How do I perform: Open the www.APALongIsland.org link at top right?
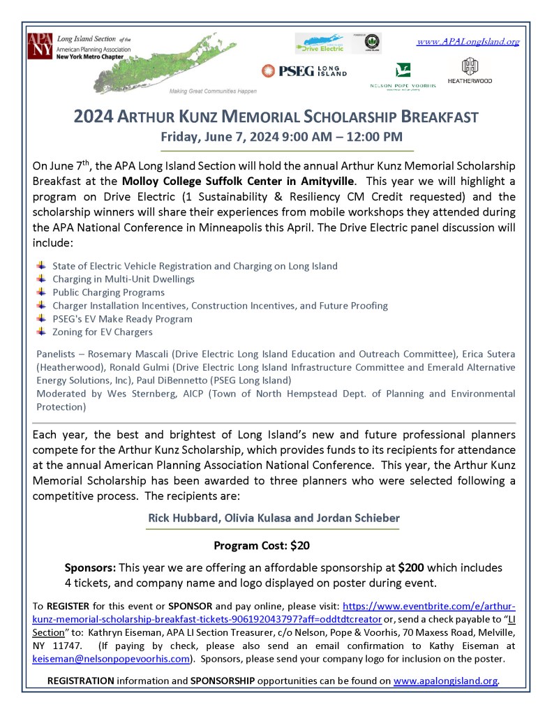pyautogui.click(x=468, y=42)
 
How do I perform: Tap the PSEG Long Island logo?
pyautogui.click(x=304, y=70)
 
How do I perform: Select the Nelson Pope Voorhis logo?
pyautogui.click(x=403, y=75)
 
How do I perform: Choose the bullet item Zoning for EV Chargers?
pyautogui.click(x=102, y=332)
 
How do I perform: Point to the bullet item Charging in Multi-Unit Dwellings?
pyautogui.click(x=123, y=279)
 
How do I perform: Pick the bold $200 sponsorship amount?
pyautogui.click(x=411, y=567)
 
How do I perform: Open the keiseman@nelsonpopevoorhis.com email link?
pyautogui.click(x=111, y=658)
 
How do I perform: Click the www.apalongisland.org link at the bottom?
pyautogui.click(x=446, y=680)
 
